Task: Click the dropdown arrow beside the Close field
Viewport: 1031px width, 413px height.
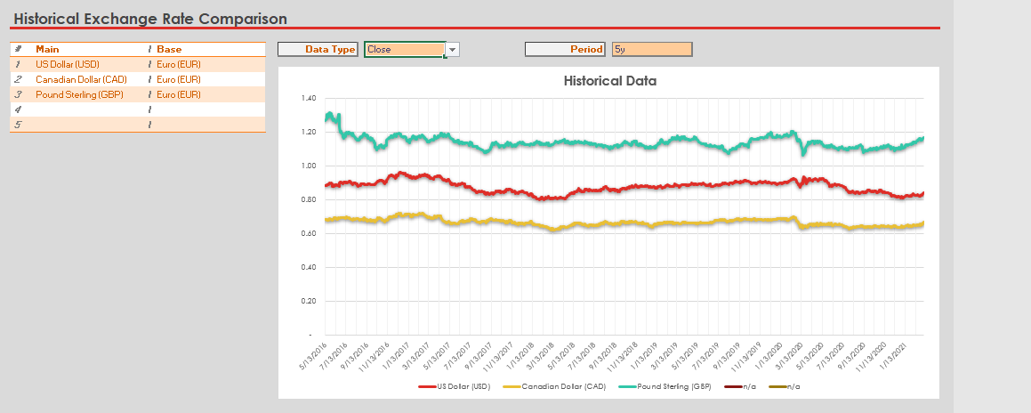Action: click(x=453, y=50)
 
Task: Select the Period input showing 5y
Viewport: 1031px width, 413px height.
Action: click(x=651, y=50)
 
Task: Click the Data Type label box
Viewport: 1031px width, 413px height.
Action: click(x=318, y=50)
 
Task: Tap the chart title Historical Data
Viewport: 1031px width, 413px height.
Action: click(x=610, y=81)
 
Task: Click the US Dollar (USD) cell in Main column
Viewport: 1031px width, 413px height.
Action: click(x=68, y=65)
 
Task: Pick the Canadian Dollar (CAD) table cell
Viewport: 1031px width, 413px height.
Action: click(x=81, y=79)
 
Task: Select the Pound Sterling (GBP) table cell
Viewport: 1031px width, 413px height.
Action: click(x=79, y=94)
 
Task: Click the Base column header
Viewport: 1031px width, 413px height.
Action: click(x=169, y=50)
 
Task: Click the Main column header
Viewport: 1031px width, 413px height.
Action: click(x=47, y=50)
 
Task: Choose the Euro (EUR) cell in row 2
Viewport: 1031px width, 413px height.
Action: click(x=179, y=79)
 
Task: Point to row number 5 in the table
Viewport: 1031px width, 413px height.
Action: click(x=17, y=125)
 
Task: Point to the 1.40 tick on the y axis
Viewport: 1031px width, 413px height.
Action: click(x=308, y=98)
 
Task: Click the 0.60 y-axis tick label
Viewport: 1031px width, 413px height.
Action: click(x=308, y=233)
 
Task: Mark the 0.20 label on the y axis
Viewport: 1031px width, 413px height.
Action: click(x=308, y=301)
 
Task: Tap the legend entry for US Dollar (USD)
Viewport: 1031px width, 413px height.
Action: click(x=455, y=387)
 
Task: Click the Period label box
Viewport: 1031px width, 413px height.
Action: click(x=565, y=50)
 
